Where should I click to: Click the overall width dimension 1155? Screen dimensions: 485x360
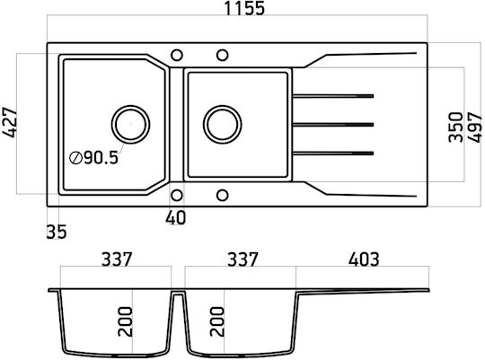[244, 8]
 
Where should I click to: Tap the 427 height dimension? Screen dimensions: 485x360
[9, 122]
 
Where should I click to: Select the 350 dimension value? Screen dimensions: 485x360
[456, 127]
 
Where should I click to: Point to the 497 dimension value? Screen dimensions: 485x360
[475, 127]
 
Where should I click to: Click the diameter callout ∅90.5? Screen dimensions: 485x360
[93, 158]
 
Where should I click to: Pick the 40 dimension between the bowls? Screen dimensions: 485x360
[176, 218]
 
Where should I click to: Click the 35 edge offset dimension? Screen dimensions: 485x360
[57, 232]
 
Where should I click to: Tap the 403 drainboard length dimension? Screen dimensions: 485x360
[364, 259]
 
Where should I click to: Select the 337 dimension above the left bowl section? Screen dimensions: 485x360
[117, 259]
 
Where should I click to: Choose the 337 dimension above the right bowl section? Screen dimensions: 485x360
[242, 259]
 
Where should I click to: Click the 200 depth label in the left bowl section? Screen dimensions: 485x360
[125, 321]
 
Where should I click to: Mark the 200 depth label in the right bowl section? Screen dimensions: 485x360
[216, 321]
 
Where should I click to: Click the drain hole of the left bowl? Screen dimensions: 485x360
[130, 124]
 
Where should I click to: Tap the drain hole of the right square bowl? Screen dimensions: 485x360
[223, 124]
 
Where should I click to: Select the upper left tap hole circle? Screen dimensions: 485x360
[177, 56]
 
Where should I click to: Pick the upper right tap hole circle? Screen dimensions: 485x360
[222, 56]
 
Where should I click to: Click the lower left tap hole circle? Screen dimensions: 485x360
[177, 196]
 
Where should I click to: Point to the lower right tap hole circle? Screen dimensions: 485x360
[222, 196]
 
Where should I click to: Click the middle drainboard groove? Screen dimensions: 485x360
[333, 125]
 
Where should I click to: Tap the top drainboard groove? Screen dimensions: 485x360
[333, 96]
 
